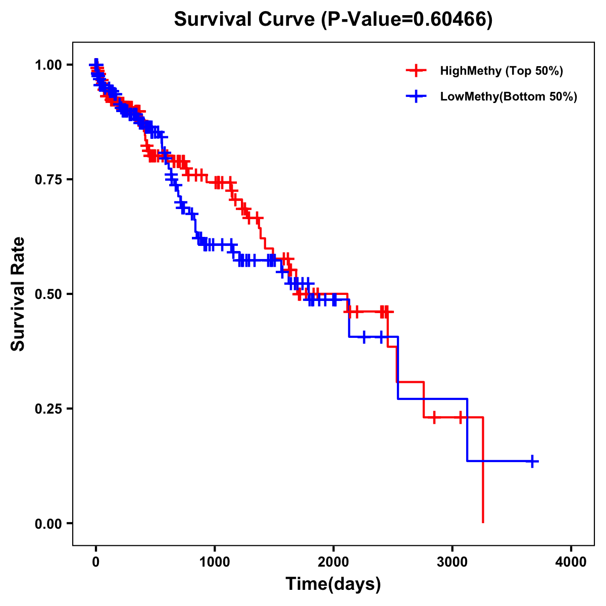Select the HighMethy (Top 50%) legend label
click(x=501, y=71)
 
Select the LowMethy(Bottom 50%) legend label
click(x=508, y=96)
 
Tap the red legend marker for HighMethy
click(x=416, y=71)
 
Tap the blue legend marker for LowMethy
click(x=416, y=96)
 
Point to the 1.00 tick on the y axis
click(x=48, y=65)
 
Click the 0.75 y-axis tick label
click(x=48, y=180)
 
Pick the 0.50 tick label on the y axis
click(x=48, y=294)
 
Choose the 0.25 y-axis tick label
click(x=48, y=409)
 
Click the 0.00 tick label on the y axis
click(x=48, y=524)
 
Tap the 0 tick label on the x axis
click(x=95, y=562)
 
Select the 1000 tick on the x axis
click(x=215, y=562)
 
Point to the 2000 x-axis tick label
click(x=333, y=562)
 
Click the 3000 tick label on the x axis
click(x=452, y=562)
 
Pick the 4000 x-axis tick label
click(x=571, y=562)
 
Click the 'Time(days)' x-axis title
click(x=333, y=584)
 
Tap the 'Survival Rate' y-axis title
click(x=18, y=294)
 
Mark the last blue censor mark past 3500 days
click(x=532, y=461)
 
